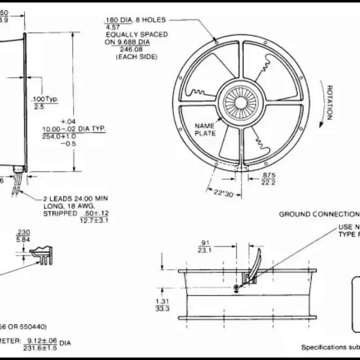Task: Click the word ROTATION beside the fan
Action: point(329,103)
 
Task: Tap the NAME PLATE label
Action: point(205,129)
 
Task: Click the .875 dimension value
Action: point(269,175)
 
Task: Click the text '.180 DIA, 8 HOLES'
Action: point(135,20)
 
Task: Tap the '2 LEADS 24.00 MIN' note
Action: point(76,198)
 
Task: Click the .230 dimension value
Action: point(23,232)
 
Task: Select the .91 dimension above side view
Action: point(207,243)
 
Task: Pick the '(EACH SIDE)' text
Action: point(136,57)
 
